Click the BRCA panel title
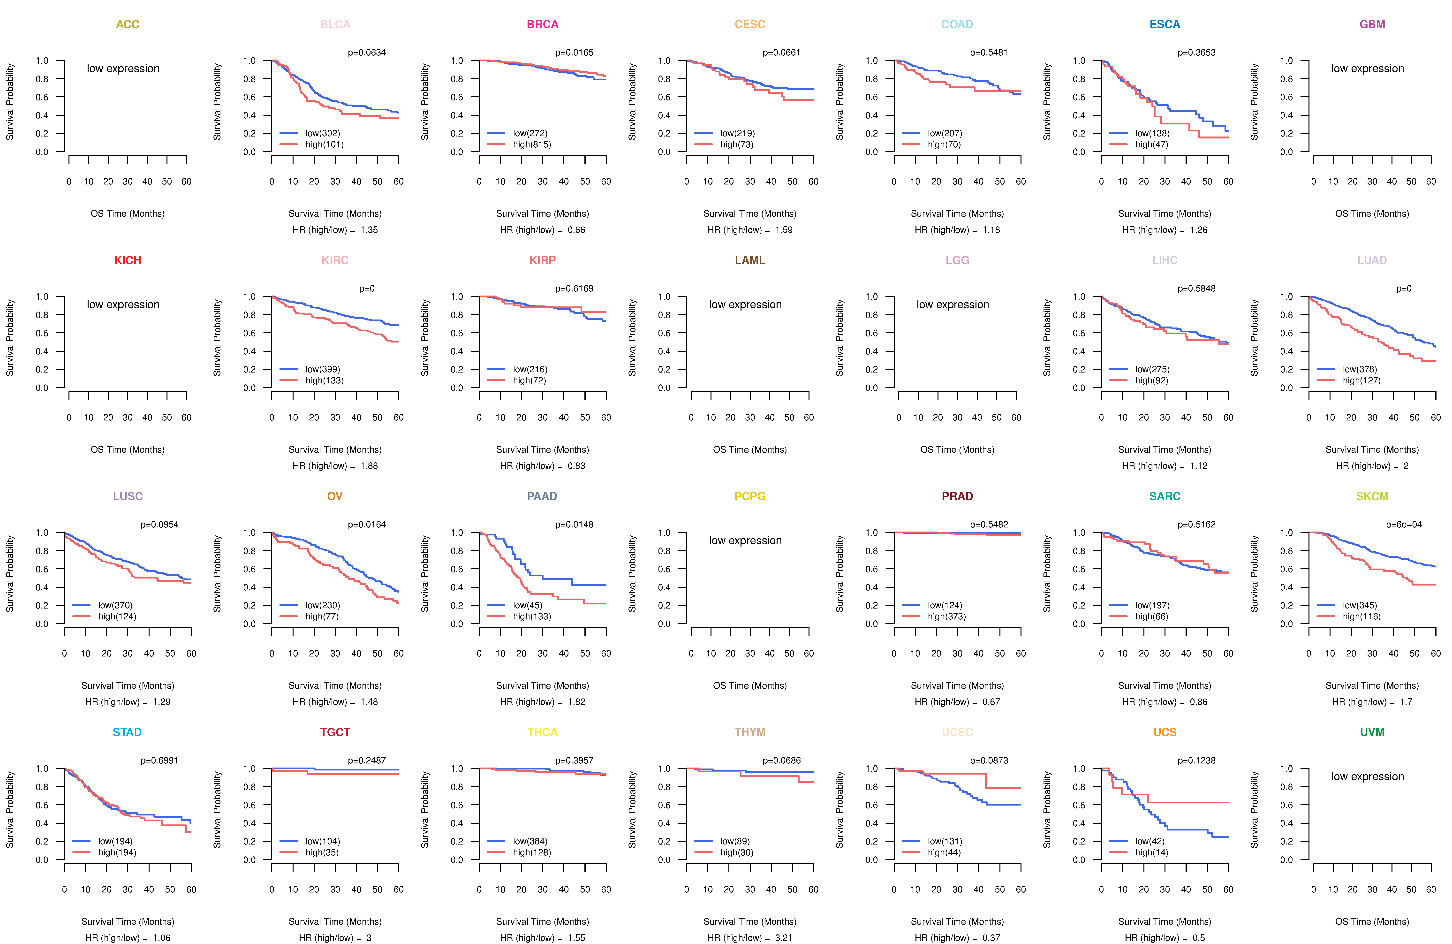(x=542, y=24)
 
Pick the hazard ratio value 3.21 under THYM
(x=783, y=938)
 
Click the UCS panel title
(x=1165, y=732)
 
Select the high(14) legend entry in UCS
(x=1151, y=853)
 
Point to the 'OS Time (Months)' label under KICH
(x=128, y=450)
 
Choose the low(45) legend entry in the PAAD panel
(x=527, y=605)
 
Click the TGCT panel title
(x=335, y=732)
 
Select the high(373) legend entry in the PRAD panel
(x=946, y=616)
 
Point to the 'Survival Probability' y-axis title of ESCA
(x=1047, y=102)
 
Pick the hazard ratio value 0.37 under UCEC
(x=991, y=938)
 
